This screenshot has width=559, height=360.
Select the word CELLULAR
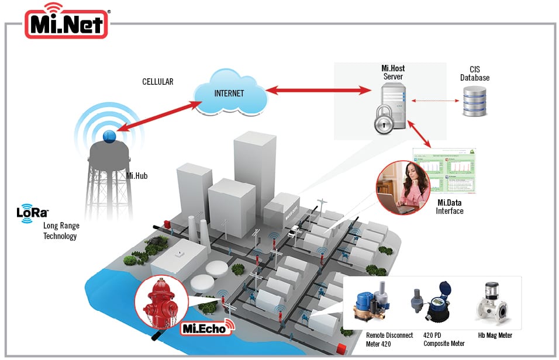tap(158, 82)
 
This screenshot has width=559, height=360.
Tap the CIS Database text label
tap(475, 74)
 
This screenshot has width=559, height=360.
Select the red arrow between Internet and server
tap(319, 91)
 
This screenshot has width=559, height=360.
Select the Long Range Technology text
tap(61, 231)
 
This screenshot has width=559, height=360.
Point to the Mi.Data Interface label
tap(450, 206)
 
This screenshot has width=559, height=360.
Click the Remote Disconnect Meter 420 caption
tap(389, 339)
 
